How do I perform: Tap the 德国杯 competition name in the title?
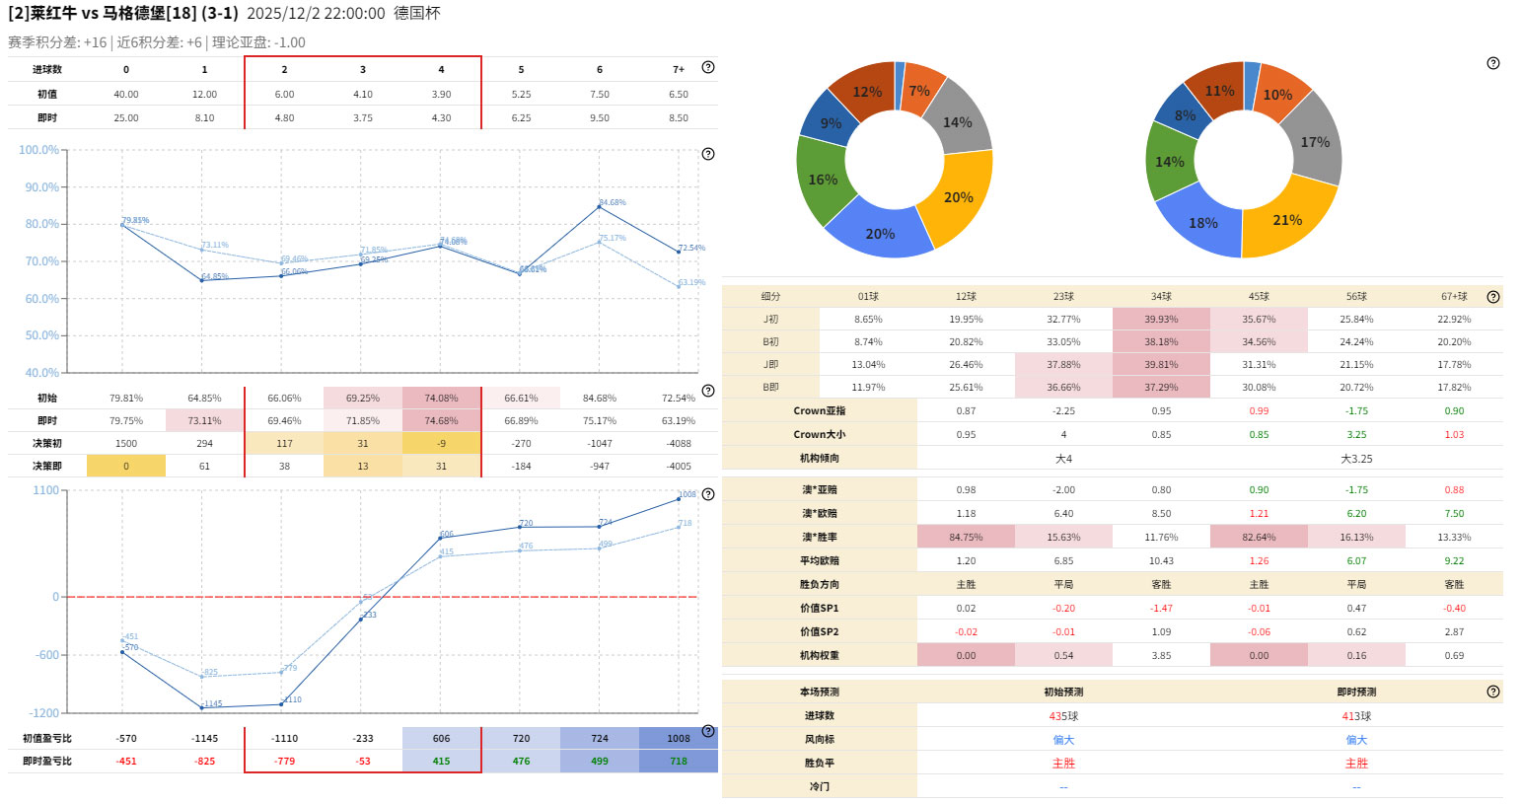[x=416, y=14]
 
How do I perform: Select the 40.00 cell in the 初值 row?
[x=126, y=95]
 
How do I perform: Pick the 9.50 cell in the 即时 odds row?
[x=600, y=118]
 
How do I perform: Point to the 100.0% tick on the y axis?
[x=39, y=150]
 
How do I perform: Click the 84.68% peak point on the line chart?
[x=599, y=206]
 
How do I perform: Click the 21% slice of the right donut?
[x=1287, y=220]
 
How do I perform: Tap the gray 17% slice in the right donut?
[x=1314, y=143]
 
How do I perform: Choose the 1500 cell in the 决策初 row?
[x=126, y=444]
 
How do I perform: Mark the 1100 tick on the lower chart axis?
[x=46, y=490]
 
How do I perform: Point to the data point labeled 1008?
[x=679, y=499]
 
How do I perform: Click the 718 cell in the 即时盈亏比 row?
[x=679, y=762]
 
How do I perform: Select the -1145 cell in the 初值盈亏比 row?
[x=205, y=739]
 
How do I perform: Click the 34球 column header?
[x=1161, y=297]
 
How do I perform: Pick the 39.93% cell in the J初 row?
[x=1161, y=320]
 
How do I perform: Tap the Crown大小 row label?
[x=819, y=435]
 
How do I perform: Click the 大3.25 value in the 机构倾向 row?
[x=1356, y=459]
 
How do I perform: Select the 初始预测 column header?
[x=1063, y=693]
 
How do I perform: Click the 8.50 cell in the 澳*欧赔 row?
[x=1161, y=514]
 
